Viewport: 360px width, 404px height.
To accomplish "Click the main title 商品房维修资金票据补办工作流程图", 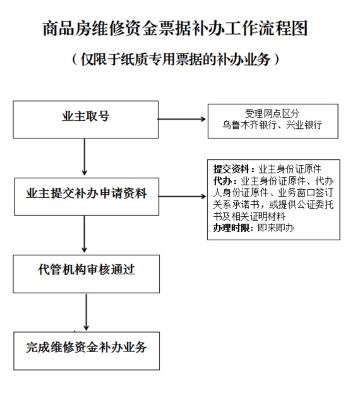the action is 175,28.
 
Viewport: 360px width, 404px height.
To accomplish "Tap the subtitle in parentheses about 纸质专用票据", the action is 176,59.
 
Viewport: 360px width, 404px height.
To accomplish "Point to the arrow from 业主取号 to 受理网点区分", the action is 182,119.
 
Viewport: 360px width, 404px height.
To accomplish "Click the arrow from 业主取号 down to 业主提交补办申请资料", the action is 85,157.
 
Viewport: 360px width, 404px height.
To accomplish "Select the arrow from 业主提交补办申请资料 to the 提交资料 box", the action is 183,197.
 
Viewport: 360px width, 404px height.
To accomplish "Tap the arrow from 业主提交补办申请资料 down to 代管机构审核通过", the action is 84,234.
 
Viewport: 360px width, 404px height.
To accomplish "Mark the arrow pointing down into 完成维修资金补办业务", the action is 86,312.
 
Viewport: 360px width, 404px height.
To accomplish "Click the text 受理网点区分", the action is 272,113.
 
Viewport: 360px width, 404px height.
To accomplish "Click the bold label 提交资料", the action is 231,169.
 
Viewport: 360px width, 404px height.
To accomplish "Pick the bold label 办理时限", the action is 231,228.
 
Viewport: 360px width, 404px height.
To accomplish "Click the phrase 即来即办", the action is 276,228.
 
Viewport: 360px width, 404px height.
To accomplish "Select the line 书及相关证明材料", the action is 249,216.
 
